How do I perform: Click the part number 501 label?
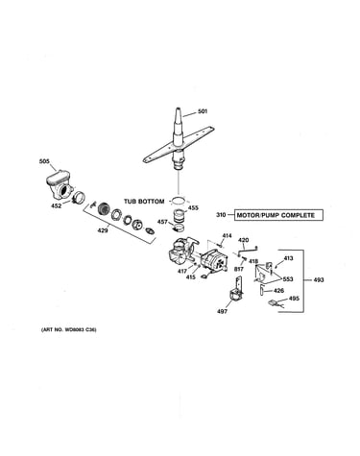[x=203, y=111]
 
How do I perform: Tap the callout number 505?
[x=44, y=161]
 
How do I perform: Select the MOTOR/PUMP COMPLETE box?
[x=278, y=215]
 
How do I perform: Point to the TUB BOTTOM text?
[x=144, y=202]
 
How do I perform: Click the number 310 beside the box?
[x=221, y=215]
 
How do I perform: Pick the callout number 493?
[x=319, y=279]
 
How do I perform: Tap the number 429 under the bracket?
[x=103, y=230]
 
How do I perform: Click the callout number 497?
[x=222, y=311]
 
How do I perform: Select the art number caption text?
[x=69, y=329]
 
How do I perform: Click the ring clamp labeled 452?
[x=79, y=197]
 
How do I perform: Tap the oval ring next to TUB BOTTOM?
[x=179, y=201]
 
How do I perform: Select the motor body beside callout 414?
[x=213, y=261]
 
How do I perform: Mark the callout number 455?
[x=193, y=208]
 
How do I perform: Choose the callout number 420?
[x=244, y=240]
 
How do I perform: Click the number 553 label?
[x=288, y=279]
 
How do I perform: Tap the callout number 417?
[x=182, y=272]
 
